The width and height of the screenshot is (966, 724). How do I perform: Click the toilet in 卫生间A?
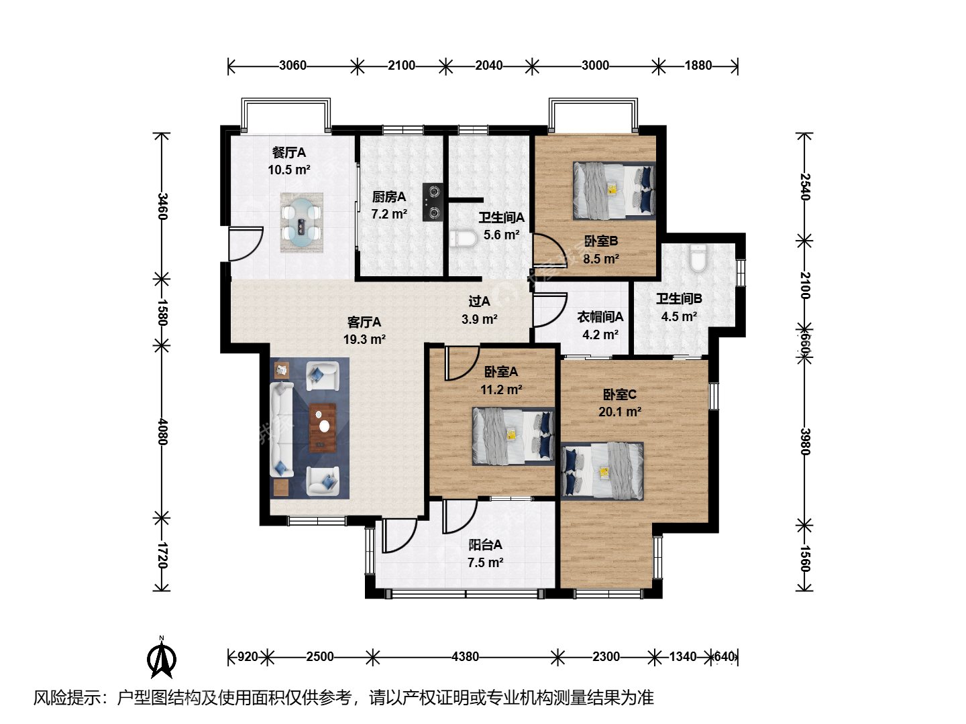click(464, 239)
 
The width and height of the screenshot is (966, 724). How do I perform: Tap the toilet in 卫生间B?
click(698, 257)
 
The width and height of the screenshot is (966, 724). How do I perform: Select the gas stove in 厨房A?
click(433, 202)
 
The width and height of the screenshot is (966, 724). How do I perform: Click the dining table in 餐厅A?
click(301, 223)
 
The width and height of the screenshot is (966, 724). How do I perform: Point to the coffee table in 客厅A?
click(323, 428)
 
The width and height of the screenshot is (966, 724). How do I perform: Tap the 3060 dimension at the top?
click(292, 66)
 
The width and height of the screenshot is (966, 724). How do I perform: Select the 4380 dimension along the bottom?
click(465, 657)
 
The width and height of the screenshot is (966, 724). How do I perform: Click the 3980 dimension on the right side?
click(805, 442)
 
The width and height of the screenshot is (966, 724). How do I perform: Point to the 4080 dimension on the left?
click(162, 432)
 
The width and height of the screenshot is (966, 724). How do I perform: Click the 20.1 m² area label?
click(620, 412)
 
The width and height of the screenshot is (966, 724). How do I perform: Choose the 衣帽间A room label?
click(600, 316)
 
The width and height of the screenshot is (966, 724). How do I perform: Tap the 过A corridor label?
click(479, 302)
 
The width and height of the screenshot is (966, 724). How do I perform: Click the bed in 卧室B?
click(614, 191)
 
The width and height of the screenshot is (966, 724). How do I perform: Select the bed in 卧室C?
click(602, 471)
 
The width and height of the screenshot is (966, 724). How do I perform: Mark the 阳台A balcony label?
click(485, 545)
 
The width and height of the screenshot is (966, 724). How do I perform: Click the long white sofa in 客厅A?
click(282, 430)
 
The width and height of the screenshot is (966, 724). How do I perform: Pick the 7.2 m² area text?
click(389, 215)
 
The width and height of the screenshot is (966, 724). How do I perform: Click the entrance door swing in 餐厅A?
click(246, 243)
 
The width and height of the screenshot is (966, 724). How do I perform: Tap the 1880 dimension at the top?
click(698, 66)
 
